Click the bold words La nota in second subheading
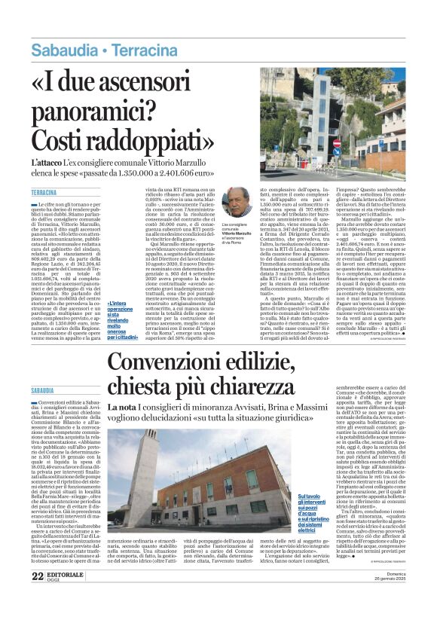click(x=121, y=408)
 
